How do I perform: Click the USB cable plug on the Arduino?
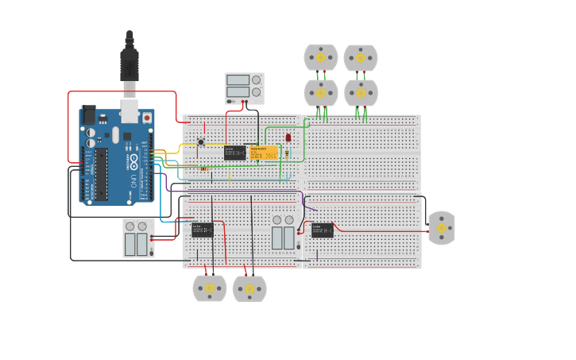(x=130, y=64)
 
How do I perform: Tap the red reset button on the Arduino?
(x=146, y=118)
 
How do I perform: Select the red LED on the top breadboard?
(x=288, y=137)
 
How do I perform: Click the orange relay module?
(x=264, y=153)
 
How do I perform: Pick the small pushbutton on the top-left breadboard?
(x=201, y=142)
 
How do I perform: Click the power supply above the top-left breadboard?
(x=244, y=88)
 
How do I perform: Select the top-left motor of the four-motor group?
(x=321, y=57)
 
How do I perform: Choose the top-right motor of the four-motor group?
(x=361, y=57)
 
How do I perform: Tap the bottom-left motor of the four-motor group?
(x=321, y=92)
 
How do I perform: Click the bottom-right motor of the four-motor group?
(x=361, y=92)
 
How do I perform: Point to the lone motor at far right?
(x=442, y=228)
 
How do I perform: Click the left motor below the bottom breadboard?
(x=210, y=288)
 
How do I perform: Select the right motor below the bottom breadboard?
(x=249, y=288)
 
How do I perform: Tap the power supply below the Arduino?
(x=138, y=238)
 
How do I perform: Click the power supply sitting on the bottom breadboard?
(x=283, y=234)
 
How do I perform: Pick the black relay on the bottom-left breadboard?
(x=203, y=230)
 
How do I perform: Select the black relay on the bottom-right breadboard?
(x=323, y=230)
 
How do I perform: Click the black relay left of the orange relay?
(x=234, y=153)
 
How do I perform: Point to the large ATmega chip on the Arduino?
(x=102, y=174)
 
